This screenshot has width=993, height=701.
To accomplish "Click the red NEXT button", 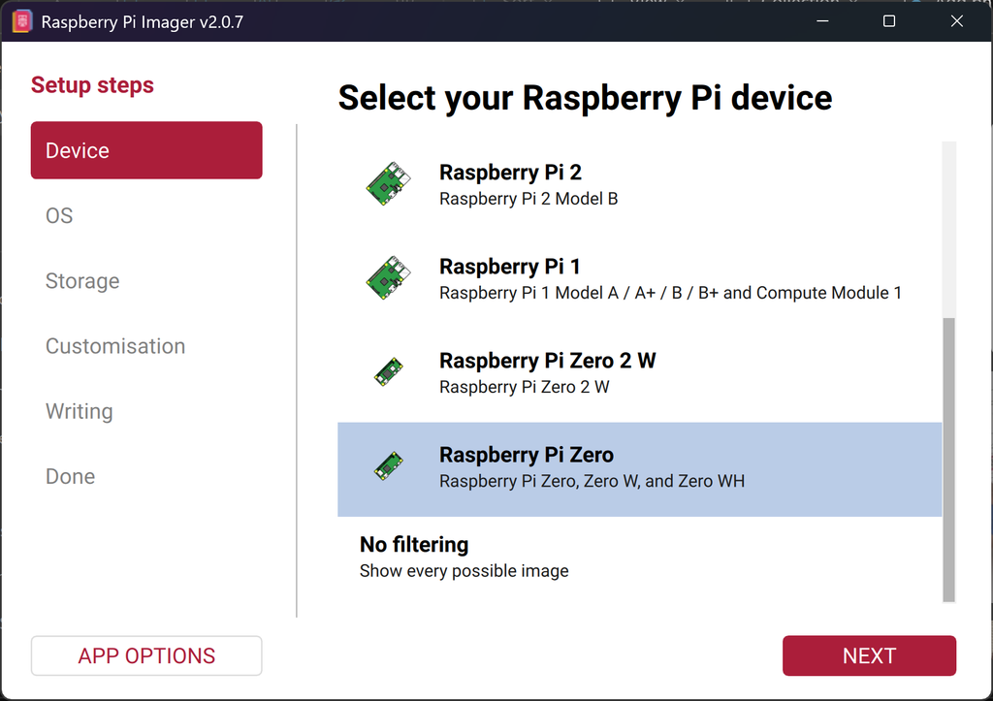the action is tap(869, 655).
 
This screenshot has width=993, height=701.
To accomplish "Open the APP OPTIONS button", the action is tap(146, 655).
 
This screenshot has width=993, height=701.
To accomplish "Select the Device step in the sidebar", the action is tap(146, 150).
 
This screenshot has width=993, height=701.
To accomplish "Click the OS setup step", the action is tap(59, 216).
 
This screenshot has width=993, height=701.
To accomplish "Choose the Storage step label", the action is tap(82, 281).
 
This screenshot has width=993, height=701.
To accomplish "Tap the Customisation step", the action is tap(115, 346).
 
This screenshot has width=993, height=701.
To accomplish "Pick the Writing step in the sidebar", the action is tap(80, 412).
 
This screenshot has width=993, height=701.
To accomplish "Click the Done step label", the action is tap(70, 476).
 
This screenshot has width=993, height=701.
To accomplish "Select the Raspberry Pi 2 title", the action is tap(510, 173).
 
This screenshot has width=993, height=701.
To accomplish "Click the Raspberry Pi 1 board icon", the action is tap(388, 278).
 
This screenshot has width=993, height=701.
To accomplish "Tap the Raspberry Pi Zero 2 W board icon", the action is tap(388, 371).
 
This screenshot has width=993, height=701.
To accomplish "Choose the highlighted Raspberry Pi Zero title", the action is tap(527, 455).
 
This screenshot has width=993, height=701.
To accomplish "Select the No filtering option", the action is tap(414, 545).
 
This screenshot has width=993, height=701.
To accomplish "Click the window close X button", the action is tap(957, 21).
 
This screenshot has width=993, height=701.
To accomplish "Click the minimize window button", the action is tap(822, 21).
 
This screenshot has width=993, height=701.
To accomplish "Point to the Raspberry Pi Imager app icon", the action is tap(21, 21).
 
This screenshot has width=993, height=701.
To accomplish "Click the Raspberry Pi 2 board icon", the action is tap(388, 183).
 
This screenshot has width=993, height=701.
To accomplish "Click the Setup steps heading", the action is tap(92, 85).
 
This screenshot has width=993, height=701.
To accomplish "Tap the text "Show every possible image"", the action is tap(464, 571).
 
